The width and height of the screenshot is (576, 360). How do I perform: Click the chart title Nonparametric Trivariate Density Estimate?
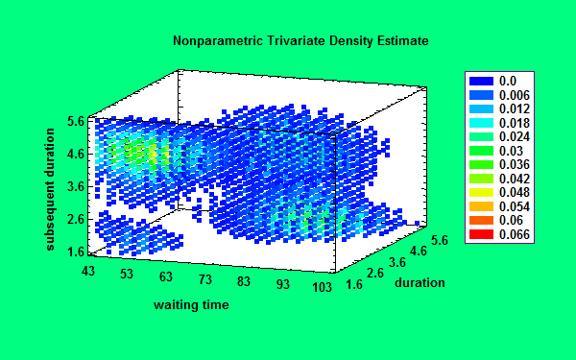coord(300,42)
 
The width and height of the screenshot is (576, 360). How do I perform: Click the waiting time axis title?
coord(192,305)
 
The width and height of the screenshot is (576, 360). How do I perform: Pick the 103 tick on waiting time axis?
coord(323,287)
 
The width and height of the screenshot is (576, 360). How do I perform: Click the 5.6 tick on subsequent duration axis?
coord(76,122)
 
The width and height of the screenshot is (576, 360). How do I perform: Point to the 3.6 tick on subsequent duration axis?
coord(76,187)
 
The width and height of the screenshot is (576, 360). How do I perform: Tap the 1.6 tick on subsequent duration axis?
coord(76,252)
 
